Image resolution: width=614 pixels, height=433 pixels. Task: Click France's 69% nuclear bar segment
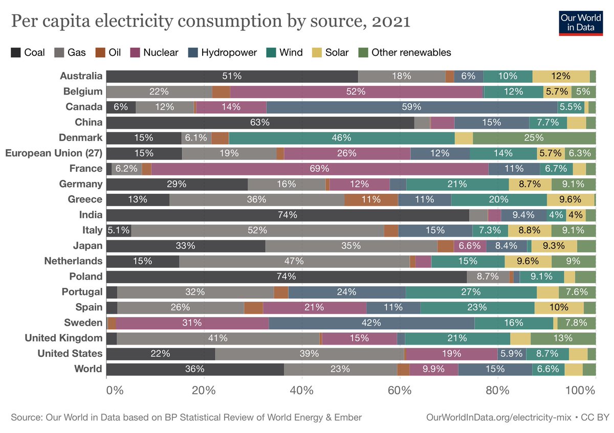[320, 169]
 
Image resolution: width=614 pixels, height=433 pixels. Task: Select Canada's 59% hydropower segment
[412, 107]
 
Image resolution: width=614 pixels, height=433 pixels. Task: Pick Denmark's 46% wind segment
[341, 138]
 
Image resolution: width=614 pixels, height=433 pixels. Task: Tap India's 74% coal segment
[287, 215]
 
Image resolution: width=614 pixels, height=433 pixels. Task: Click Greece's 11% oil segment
[371, 199]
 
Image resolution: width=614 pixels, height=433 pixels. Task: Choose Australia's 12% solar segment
[561, 76]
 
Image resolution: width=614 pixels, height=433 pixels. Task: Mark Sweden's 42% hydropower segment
[371, 323]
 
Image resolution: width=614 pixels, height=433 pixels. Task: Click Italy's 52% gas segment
[257, 230]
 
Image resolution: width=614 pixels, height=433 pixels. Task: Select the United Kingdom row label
[63, 338]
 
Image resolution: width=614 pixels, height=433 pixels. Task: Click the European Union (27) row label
[54, 153]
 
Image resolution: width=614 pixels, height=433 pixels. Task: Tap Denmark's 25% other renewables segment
[534, 138]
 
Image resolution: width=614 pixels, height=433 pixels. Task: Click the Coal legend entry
[28, 52]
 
